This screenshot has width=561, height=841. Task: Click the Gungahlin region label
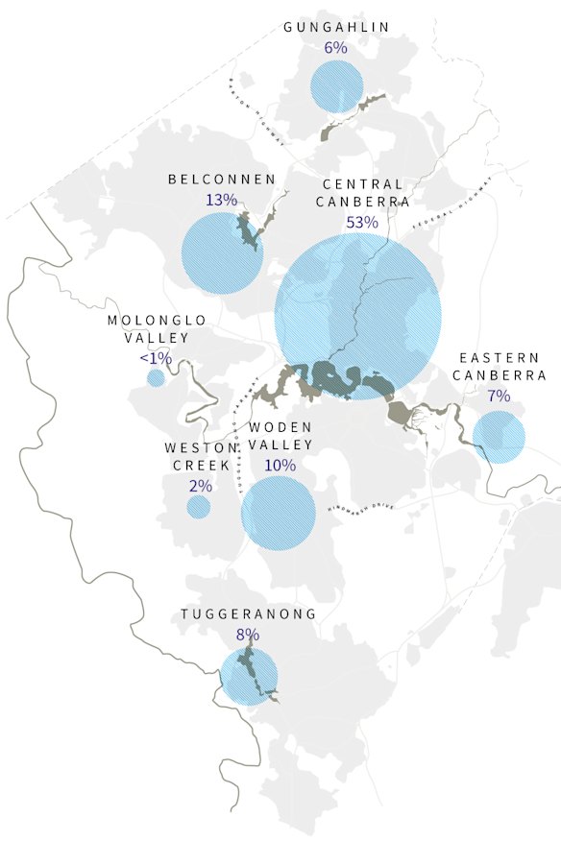tap(336, 27)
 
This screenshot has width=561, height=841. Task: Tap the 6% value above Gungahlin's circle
tap(335, 48)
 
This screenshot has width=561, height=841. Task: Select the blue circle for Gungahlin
tap(336, 87)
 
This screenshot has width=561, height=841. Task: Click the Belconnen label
tap(222, 180)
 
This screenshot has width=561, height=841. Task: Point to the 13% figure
tap(221, 200)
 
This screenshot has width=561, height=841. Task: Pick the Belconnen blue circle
tap(222, 253)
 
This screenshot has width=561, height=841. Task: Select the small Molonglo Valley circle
tap(156, 378)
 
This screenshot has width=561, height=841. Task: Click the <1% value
tap(156, 358)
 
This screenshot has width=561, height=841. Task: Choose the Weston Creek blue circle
tap(199, 507)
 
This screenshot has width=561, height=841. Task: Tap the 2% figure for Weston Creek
tap(201, 486)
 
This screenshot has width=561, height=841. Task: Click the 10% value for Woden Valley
tap(280, 465)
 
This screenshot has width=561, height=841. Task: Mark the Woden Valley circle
tap(279, 512)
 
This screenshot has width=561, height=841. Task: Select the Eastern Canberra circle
tap(499, 437)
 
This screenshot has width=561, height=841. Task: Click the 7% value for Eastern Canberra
tap(499, 396)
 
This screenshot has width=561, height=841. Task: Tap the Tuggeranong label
tap(248, 614)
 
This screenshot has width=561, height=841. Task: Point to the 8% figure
tap(247, 635)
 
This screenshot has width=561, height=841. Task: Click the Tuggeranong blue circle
tap(249, 677)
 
